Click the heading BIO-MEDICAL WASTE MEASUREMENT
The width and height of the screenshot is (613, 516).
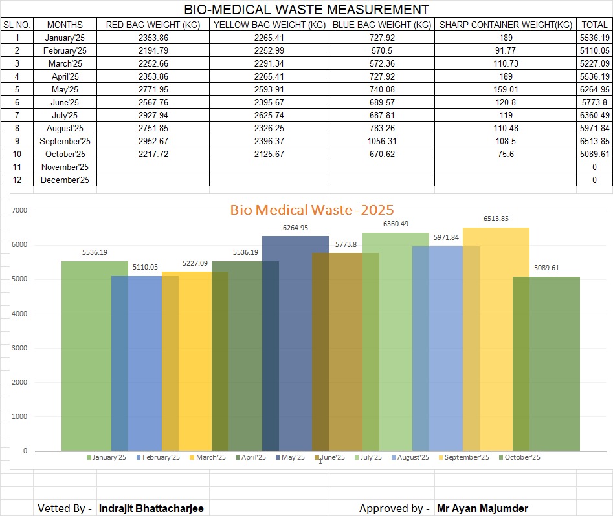[306, 10]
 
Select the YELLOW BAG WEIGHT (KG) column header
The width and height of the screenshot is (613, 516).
[269, 25]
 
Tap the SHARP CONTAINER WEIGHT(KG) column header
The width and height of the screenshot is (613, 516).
[505, 25]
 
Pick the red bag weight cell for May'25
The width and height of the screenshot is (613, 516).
[153, 89]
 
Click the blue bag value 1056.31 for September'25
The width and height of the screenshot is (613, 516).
[381, 141]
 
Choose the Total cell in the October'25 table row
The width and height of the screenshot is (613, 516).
[594, 154]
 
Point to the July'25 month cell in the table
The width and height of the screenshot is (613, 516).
[65, 115]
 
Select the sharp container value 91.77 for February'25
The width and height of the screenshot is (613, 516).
[505, 50]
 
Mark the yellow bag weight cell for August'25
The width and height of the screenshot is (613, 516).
[269, 128]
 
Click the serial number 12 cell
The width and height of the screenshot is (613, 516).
[17, 180]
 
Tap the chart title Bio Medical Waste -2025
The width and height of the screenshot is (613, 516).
[312, 210]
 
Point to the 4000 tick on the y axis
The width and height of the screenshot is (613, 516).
[20, 314]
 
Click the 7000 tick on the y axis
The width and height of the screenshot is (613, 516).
[20, 211]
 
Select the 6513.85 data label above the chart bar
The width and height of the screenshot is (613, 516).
[496, 219]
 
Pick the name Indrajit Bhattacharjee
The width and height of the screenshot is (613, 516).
[151, 509]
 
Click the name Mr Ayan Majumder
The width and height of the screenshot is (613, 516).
[482, 509]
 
